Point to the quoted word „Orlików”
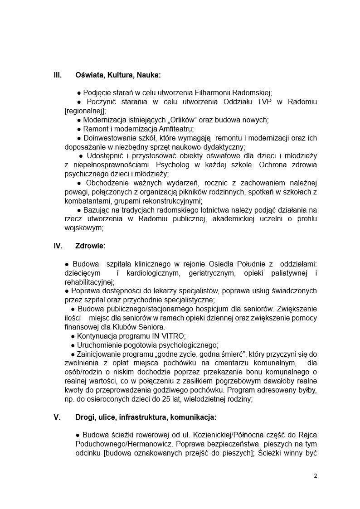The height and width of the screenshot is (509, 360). (x=168, y=120)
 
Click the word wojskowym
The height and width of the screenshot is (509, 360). (x=84, y=228)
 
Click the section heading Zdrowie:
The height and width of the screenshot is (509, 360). (x=90, y=246)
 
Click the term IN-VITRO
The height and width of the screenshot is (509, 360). (x=169, y=336)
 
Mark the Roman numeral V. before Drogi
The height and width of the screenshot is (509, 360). (x=57, y=417)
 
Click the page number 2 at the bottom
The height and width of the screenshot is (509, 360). (x=315, y=476)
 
